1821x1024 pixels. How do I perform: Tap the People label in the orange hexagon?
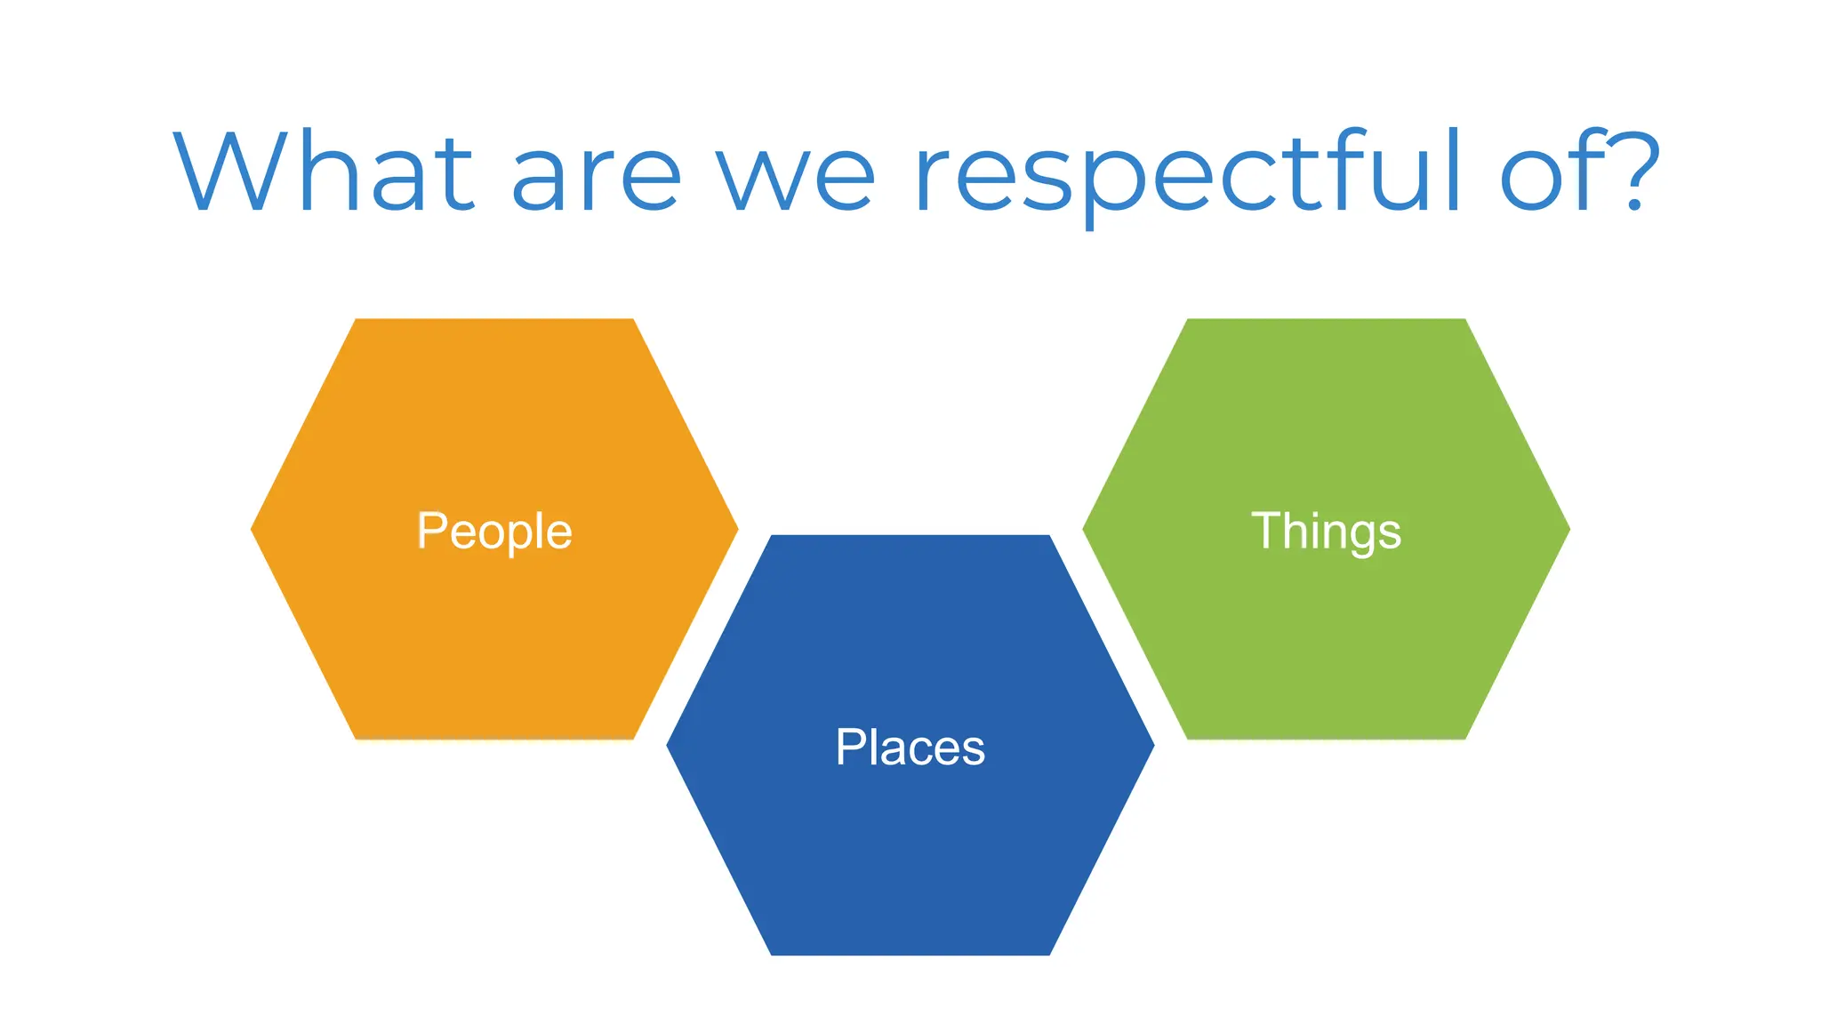[494, 532]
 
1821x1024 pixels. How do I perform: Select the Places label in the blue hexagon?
[910, 747]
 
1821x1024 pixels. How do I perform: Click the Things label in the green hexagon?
[1326, 532]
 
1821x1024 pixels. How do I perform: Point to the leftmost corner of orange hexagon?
[253, 529]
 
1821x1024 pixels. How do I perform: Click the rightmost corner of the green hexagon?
[1568, 529]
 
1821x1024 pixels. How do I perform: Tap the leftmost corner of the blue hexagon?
[668, 746]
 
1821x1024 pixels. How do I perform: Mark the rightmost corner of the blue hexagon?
[1152, 746]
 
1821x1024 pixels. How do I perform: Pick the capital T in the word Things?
[1266, 530]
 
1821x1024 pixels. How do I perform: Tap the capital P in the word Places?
[851, 747]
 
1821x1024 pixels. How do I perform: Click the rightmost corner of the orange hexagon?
[736, 529]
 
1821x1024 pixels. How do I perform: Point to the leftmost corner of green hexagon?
[1084, 529]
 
